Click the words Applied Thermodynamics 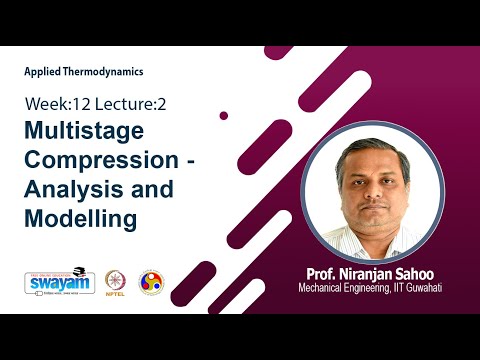point(84,72)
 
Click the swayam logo point(53,281)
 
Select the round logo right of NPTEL point(151,282)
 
